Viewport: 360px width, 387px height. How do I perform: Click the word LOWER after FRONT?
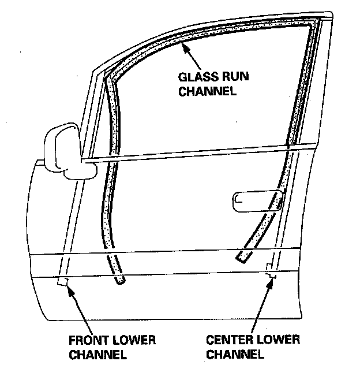pyautogui.click(x=134, y=340)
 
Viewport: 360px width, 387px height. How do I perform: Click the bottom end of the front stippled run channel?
pyautogui.click(x=119, y=281)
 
